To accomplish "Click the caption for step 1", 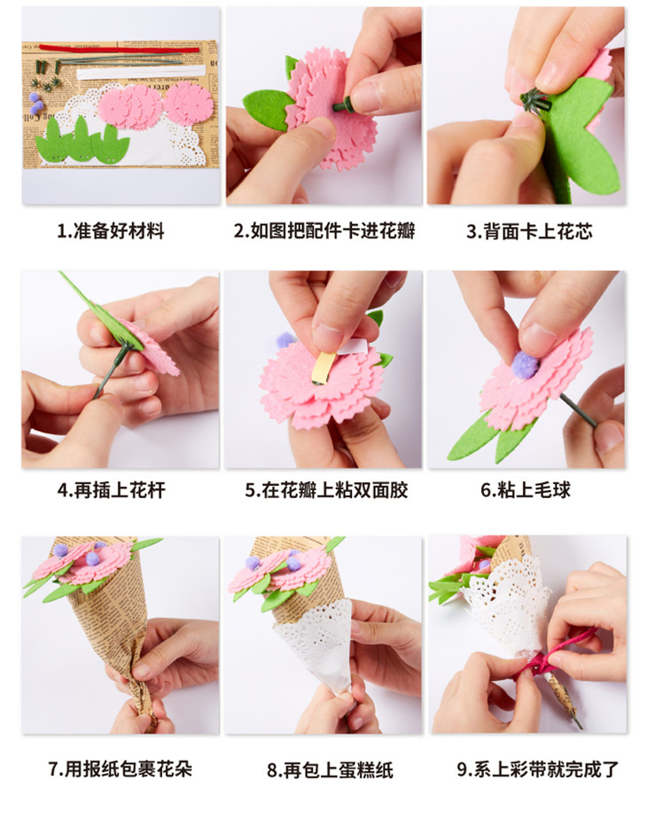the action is (111, 230).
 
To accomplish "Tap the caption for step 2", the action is (324, 230).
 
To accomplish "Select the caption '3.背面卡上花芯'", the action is (529, 231).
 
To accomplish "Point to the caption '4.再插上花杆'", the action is (111, 490).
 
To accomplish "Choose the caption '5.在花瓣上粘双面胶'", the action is (326, 490).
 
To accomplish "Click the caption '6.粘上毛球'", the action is (526, 490).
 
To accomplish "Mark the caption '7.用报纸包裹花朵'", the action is (121, 768).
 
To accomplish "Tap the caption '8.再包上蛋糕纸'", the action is (330, 770).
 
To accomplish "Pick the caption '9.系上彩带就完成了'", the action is (538, 768).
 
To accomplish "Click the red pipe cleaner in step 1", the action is (119, 49).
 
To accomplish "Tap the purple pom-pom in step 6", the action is (525, 364).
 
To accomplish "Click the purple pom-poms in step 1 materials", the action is (35, 103).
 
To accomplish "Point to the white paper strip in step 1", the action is (140, 72).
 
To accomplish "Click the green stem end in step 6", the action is (579, 411).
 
